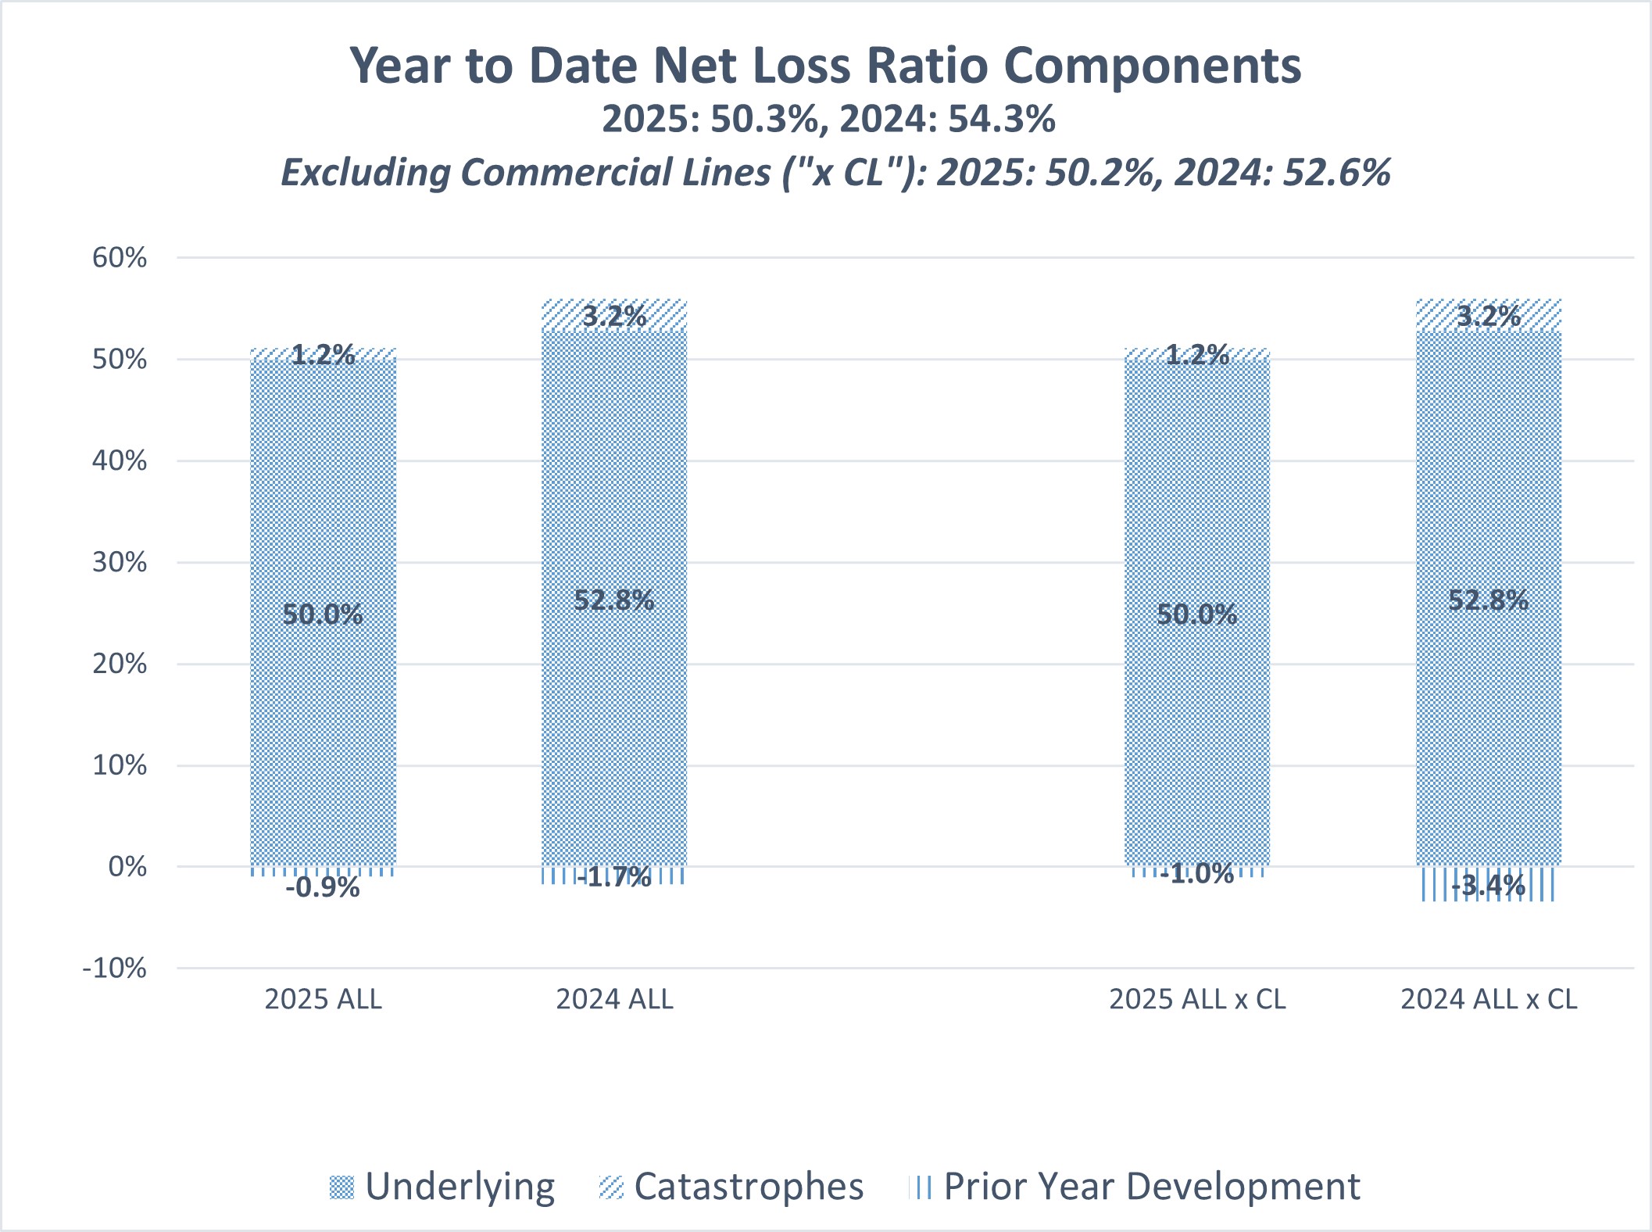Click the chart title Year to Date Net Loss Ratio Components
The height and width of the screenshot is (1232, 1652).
pos(825,66)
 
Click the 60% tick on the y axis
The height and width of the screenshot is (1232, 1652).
pos(120,258)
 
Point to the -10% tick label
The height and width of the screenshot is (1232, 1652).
pos(115,969)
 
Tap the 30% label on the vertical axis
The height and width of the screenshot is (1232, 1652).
pos(120,563)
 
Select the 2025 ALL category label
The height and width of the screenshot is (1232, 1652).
pos(323,1000)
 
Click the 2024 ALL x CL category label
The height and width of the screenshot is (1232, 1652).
pos(1489,1000)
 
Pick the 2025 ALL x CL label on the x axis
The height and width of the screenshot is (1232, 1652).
pos(1197,1000)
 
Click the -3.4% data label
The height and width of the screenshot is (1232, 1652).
pos(1489,886)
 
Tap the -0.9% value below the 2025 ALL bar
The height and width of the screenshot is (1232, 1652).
pos(323,888)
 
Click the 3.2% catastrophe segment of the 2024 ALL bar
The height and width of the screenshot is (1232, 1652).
pos(614,316)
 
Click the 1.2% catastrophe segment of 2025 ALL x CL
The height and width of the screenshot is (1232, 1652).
pos(1197,355)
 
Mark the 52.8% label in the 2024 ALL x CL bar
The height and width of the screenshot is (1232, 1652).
pos(1489,600)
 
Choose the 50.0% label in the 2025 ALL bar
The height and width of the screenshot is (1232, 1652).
pos(323,614)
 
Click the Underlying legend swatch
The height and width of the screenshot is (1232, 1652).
pos(341,1187)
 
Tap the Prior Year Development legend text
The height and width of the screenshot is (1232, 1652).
pos(1151,1187)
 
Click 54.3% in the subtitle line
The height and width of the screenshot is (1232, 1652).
pos(1002,120)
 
